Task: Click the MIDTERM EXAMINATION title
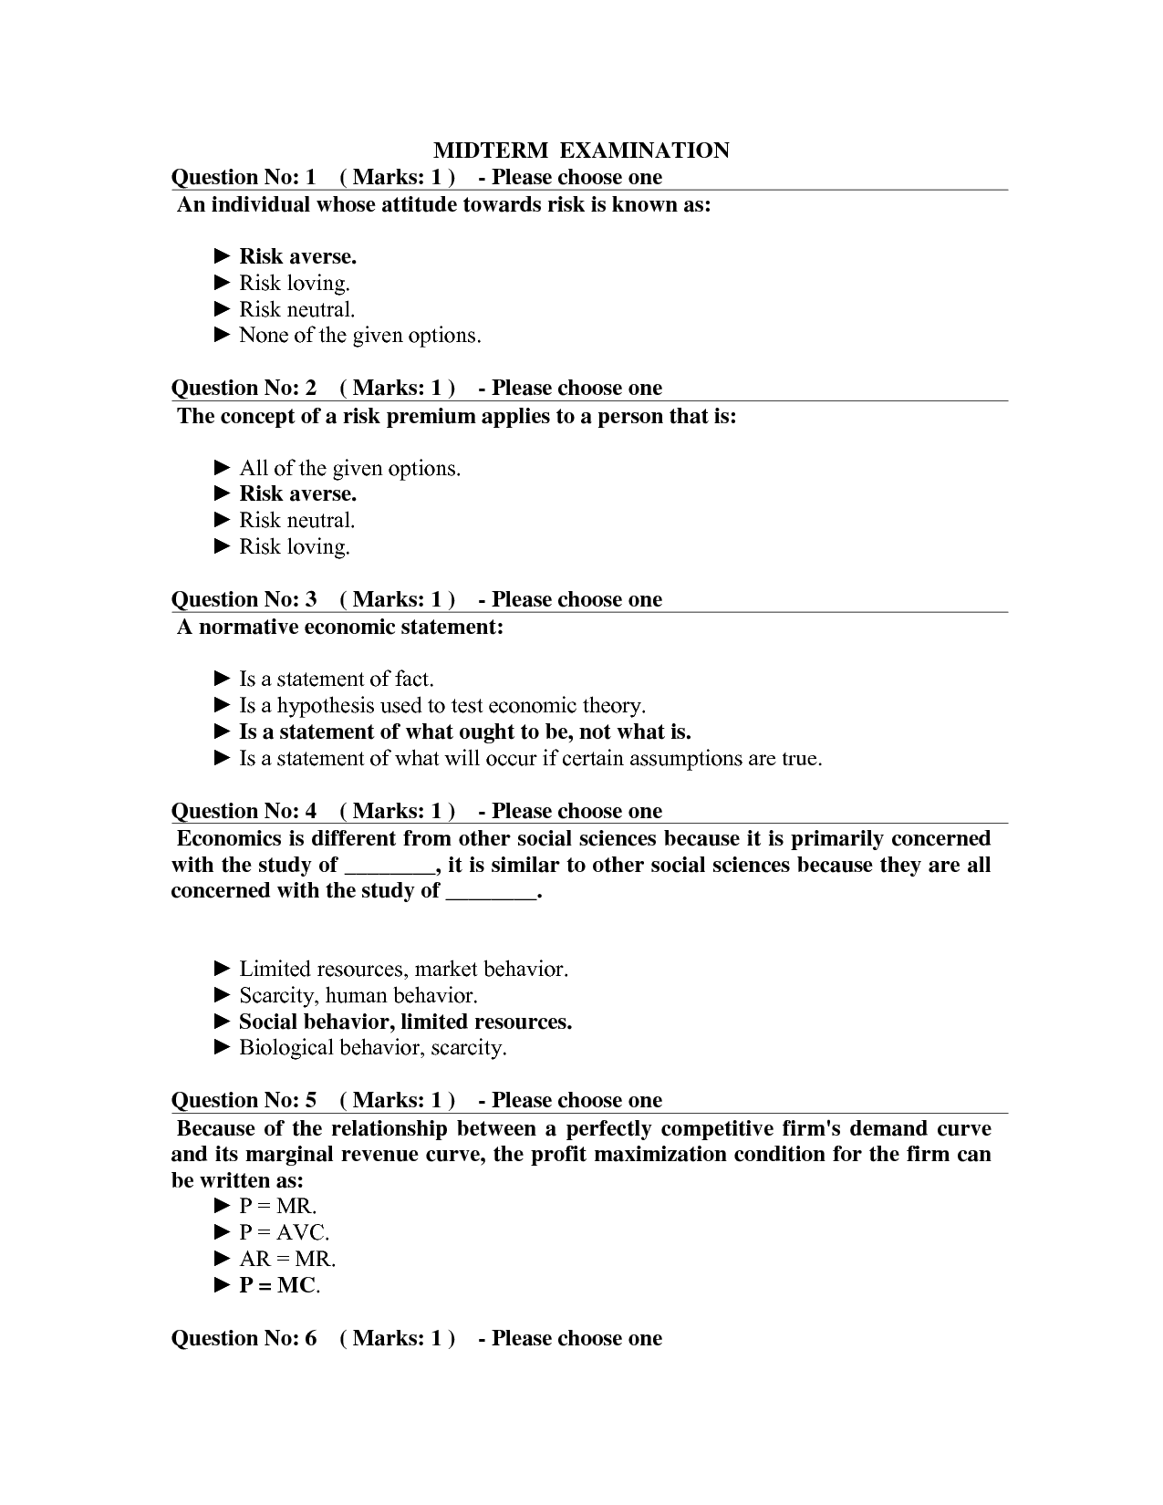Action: click(x=581, y=150)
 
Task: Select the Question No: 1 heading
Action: click(x=244, y=177)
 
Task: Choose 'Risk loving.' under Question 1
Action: click(x=294, y=283)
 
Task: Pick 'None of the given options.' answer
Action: click(x=359, y=336)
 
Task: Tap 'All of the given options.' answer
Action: click(x=349, y=468)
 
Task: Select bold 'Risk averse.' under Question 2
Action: click(x=297, y=493)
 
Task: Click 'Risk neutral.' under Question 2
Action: click(x=296, y=520)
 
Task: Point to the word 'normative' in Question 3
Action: click(x=247, y=627)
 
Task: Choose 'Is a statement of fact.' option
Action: click(x=336, y=679)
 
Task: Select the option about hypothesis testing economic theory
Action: click(x=441, y=705)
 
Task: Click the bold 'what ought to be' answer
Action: click(x=464, y=732)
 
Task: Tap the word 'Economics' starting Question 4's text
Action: click(x=229, y=838)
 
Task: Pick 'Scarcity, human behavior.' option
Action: click(x=358, y=995)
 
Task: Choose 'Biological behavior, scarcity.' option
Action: click(x=372, y=1047)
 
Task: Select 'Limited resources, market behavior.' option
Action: click(x=403, y=969)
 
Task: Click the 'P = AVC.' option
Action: click(x=284, y=1232)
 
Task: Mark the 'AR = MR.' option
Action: click(x=287, y=1259)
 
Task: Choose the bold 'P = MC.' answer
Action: click(x=279, y=1285)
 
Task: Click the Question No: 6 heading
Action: click(x=244, y=1338)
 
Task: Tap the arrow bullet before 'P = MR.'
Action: click(x=223, y=1206)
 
